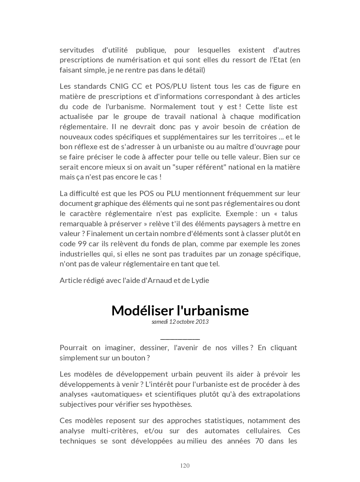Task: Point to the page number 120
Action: point(185,466)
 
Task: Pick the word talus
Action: point(289,213)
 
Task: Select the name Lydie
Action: point(200,280)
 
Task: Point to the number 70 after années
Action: point(259,441)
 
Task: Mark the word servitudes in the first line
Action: point(77,50)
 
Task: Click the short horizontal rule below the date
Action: point(180,339)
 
